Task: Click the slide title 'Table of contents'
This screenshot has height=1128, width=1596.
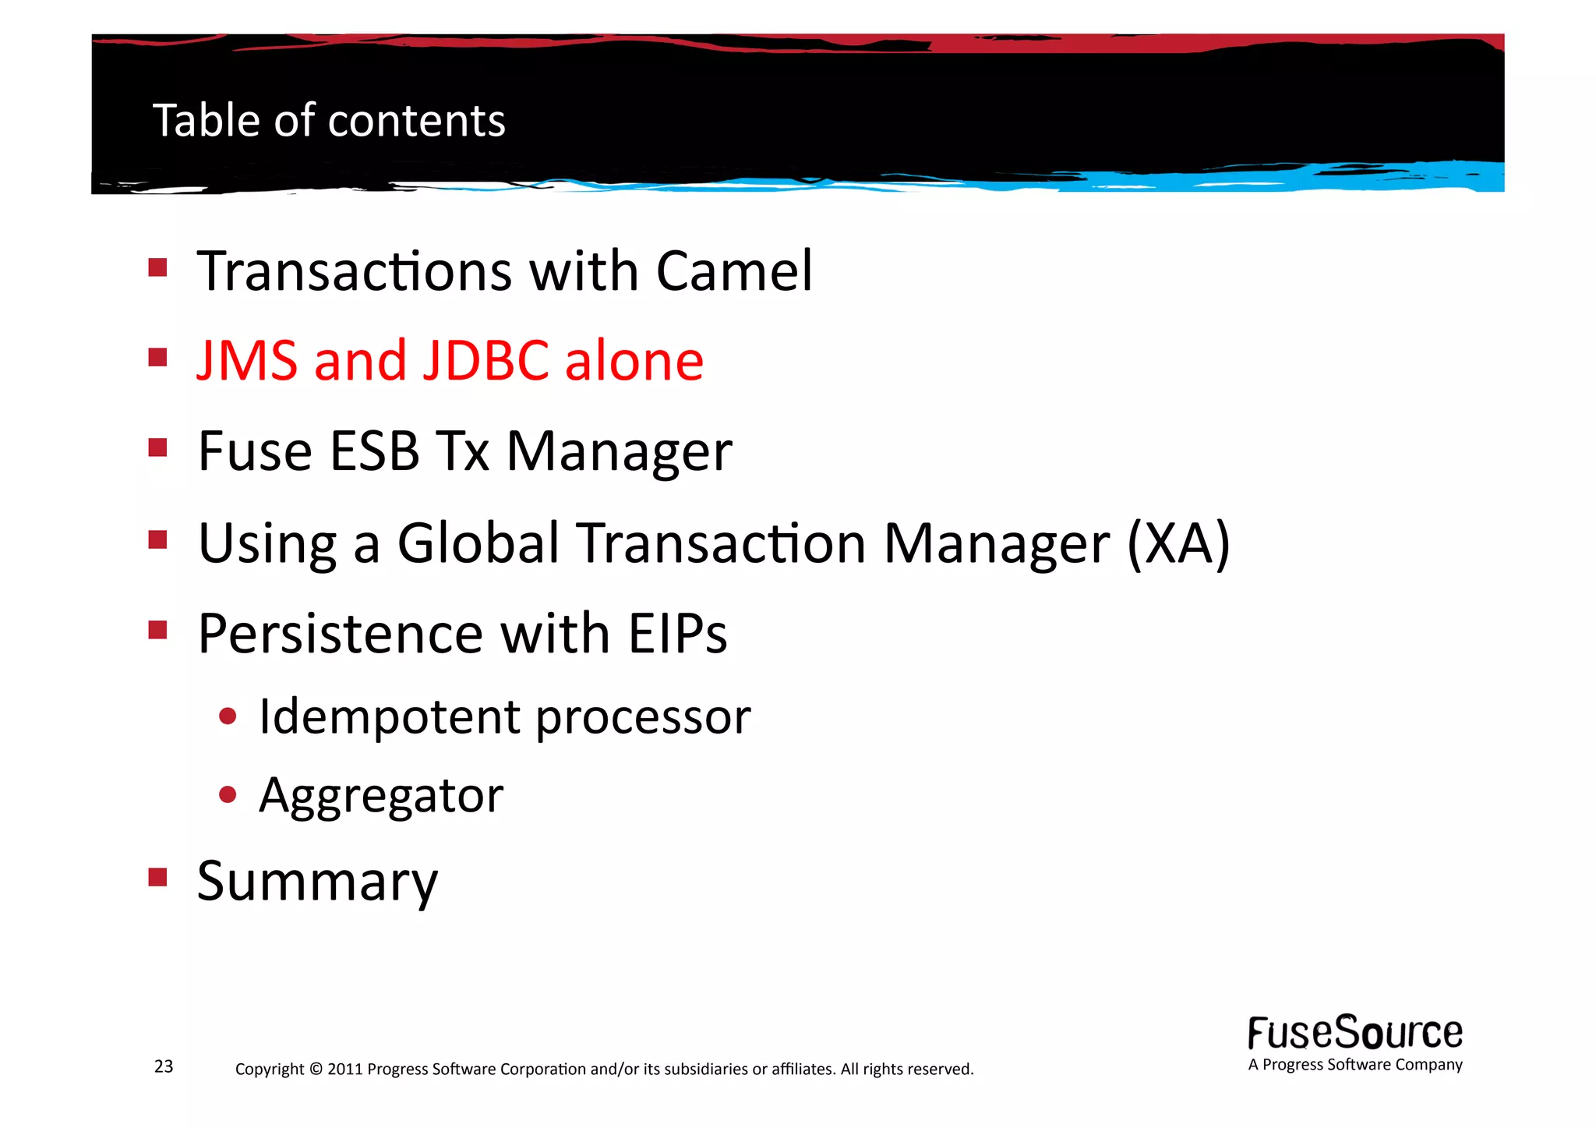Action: [329, 121]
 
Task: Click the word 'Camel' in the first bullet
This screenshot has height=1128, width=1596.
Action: [734, 271]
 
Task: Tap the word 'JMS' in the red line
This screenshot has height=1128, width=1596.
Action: [247, 360]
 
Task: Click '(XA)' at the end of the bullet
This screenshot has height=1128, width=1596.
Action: [1178, 543]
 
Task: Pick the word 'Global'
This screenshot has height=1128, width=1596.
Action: [478, 543]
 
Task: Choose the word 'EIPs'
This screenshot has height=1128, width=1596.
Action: [677, 633]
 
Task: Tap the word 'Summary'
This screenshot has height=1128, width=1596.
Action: [317, 882]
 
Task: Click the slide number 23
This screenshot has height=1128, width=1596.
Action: [164, 1066]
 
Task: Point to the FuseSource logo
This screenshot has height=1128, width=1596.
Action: [1354, 1033]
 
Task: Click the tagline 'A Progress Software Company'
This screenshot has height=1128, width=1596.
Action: [1354, 1065]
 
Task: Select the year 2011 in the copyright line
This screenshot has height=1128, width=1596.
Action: [345, 1069]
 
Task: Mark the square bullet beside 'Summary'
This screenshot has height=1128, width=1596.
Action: [158, 878]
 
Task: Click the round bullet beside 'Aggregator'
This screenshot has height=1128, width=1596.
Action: [228, 794]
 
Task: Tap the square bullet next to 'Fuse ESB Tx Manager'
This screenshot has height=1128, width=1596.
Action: [158, 447]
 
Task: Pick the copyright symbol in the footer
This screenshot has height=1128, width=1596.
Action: [315, 1069]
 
